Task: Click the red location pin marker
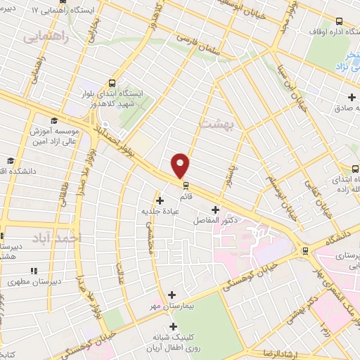coord(181,165)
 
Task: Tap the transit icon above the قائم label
coord(186,186)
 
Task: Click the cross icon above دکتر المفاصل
coord(215,209)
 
